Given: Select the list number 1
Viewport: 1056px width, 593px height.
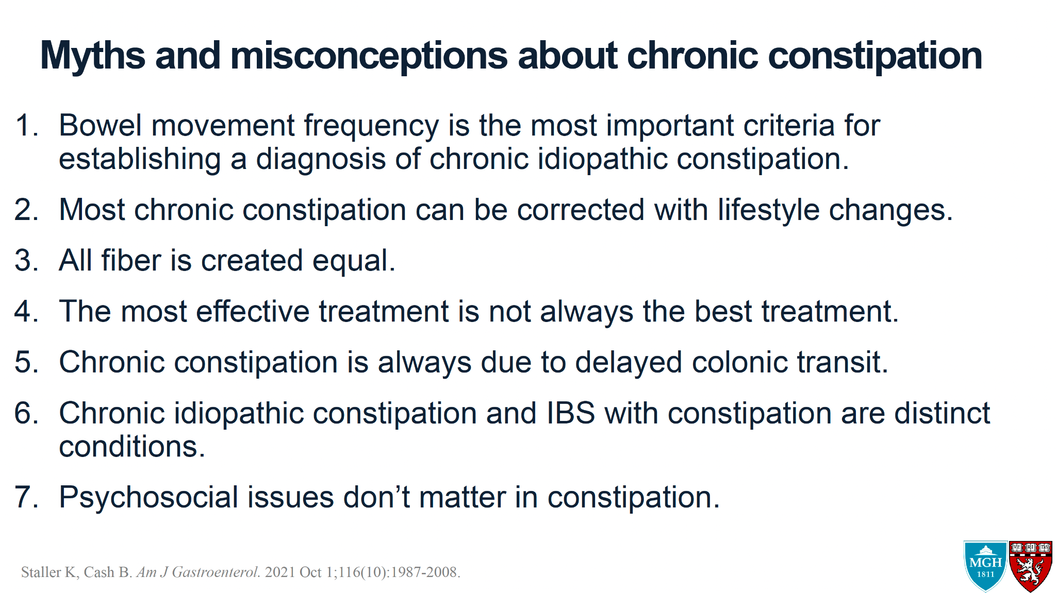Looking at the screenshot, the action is (26, 125).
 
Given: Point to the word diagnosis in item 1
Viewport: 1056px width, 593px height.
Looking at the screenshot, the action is (321, 159).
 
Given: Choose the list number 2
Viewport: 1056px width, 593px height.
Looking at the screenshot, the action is (26, 210).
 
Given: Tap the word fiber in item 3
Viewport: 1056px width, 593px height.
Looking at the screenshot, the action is (131, 260).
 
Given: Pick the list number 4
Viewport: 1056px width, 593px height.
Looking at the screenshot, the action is (26, 311).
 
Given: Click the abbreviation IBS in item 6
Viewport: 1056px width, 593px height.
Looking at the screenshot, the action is (570, 413).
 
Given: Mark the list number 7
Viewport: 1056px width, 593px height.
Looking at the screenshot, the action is (26, 497).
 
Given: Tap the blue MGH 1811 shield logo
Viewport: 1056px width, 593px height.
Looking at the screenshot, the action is (985, 566).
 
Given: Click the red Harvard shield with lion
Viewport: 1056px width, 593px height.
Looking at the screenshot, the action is (1030, 566).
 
